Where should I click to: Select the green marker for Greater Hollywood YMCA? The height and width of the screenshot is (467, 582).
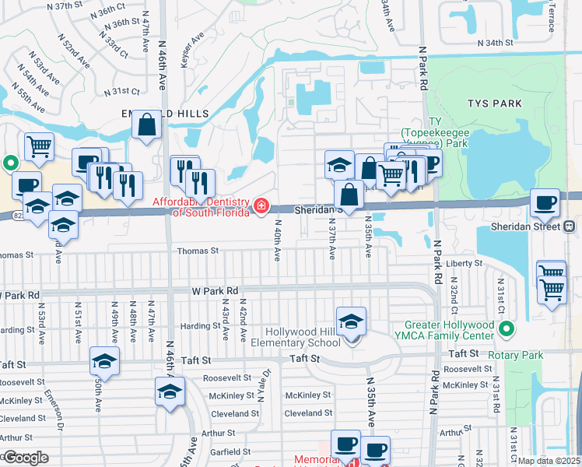click(x=507, y=330)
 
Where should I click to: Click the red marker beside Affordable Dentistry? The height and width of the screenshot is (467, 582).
click(x=261, y=206)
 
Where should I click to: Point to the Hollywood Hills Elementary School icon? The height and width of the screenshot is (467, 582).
click(x=351, y=321)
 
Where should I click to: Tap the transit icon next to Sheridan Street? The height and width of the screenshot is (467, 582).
click(x=570, y=226)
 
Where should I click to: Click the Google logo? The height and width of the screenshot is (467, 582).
click(x=25, y=458)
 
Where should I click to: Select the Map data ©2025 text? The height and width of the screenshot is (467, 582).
click(x=549, y=461)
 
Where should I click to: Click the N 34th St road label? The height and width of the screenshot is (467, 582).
click(x=496, y=42)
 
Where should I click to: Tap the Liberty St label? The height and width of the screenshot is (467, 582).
click(x=465, y=264)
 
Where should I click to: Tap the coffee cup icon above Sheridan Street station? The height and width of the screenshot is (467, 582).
click(x=545, y=203)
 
